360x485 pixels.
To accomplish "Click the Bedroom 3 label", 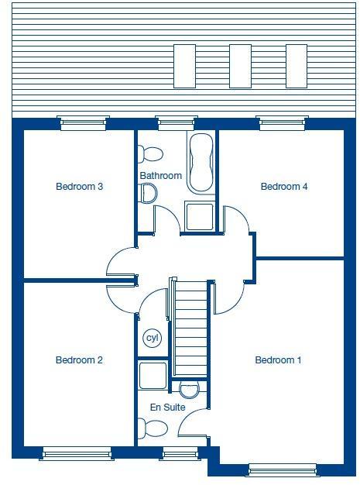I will point(80,187).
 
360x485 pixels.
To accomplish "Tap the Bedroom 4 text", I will point(284,187).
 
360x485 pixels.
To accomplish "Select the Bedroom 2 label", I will point(79,360).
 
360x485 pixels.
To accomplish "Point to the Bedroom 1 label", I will point(279,360).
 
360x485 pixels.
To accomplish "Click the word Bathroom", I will point(161,176).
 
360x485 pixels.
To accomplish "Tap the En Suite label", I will point(167,406).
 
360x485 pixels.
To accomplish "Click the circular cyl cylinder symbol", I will point(152,339).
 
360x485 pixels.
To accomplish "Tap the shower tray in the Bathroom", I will point(201,216).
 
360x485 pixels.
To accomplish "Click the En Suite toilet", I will point(154,428).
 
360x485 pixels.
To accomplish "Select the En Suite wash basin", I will point(190,389).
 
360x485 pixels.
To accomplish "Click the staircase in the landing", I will point(190,328).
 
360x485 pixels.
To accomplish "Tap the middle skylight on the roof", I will point(240,66).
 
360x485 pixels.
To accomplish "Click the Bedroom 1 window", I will point(282,469).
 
